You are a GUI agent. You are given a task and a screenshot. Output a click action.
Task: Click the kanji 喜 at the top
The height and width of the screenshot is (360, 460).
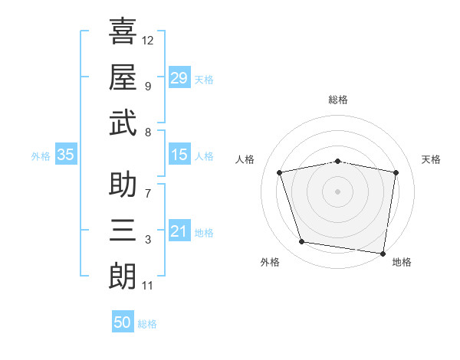(x=123, y=31)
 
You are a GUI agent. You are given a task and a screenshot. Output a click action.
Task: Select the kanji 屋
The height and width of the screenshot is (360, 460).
(x=123, y=77)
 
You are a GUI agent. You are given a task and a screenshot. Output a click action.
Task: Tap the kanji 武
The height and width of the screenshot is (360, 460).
(x=123, y=123)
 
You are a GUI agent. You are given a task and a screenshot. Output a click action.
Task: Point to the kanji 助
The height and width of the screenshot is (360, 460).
(x=123, y=184)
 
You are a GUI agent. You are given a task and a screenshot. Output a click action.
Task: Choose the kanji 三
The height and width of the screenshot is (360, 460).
(x=123, y=230)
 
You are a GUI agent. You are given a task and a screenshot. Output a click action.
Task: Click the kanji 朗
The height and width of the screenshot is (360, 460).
(x=123, y=276)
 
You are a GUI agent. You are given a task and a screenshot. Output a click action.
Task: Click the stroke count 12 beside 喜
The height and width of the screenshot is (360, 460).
(x=147, y=41)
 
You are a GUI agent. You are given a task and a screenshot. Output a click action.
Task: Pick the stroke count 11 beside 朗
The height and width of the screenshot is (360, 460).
(x=147, y=286)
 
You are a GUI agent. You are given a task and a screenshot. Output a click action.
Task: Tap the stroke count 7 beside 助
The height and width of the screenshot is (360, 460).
(x=148, y=194)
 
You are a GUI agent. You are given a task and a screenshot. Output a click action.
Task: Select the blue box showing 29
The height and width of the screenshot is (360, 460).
(x=179, y=77)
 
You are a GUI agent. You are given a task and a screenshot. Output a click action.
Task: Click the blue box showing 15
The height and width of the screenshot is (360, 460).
(x=179, y=154)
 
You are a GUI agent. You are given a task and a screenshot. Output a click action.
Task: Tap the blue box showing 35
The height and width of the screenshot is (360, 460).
(x=66, y=154)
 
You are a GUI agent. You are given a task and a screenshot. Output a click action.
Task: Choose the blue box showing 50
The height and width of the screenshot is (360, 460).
(x=123, y=321)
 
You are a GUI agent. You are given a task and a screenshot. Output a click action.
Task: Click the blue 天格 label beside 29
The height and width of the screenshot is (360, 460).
(x=204, y=80)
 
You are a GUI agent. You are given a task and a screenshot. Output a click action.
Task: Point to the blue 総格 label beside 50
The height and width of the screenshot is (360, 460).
(x=147, y=324)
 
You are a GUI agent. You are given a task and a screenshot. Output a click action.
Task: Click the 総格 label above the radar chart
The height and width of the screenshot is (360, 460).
(x=338, y=100)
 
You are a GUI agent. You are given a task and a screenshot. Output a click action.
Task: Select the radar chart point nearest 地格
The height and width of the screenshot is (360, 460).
(x=383, y=254)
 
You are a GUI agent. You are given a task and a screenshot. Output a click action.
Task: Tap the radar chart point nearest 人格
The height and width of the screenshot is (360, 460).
(x=279, y=172)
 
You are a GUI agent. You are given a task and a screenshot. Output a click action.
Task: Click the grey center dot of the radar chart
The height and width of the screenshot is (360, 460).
(x=337, y=191)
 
